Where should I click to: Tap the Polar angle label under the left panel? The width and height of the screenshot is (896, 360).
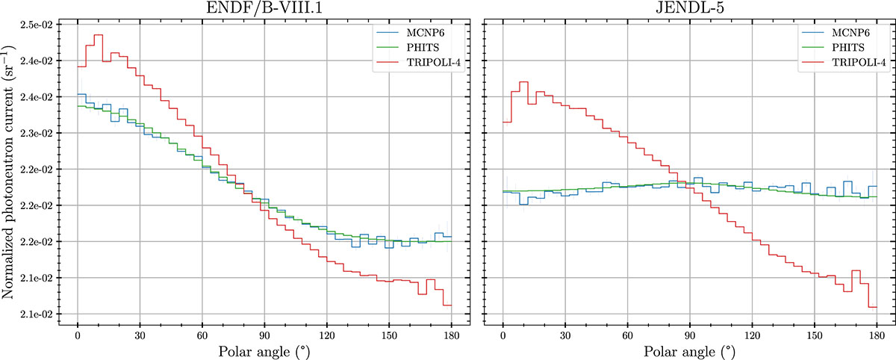(x=264, y=350)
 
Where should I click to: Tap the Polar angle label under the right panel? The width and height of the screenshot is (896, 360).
(x=689, y=350)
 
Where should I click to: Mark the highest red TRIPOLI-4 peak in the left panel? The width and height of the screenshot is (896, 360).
(x=99, y=35)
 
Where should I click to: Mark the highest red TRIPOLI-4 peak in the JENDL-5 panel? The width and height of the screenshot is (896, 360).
(x=523, y=82)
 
